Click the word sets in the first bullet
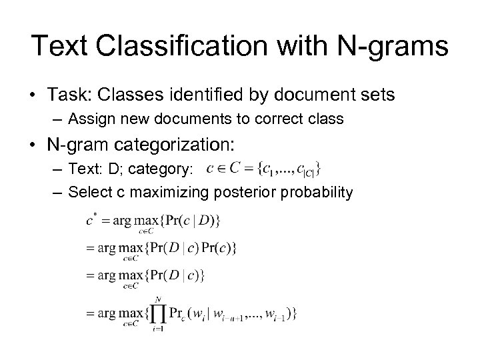375,96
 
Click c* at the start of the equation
91,217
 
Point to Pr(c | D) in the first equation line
193,219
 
